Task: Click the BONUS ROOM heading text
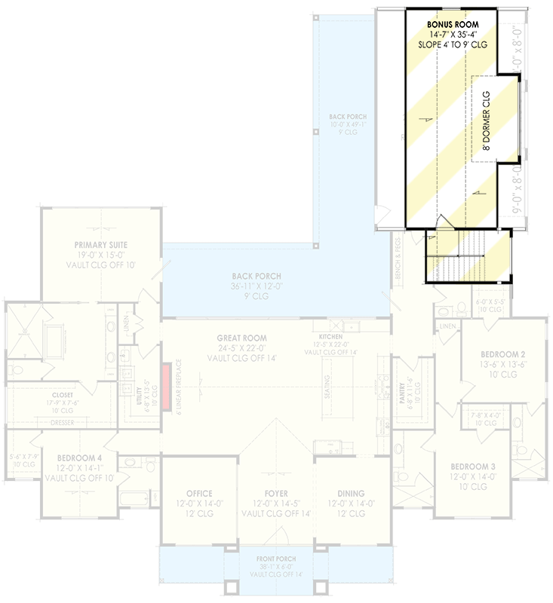(x=451, y=25)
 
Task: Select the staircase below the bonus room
(x=460, y=256)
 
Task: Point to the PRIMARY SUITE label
(x=101, y=245)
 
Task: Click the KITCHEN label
(x=330, y=337)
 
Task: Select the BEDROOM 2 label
(x=503, y=354)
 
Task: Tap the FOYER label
(x=276, y=494)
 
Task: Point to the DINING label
(x=352, y=494)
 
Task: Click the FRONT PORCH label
(x=277, y=559)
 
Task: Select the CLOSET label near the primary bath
(x=63, y=394)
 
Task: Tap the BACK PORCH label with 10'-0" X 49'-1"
(x=348, y=117)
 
